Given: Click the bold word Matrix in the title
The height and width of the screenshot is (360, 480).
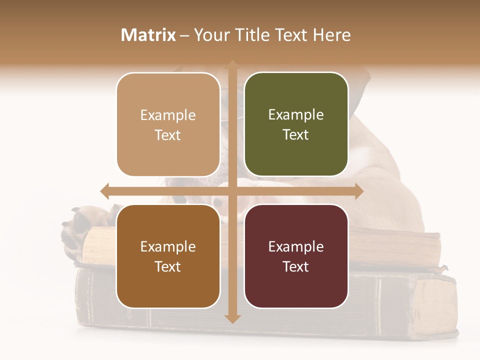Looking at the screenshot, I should point(148,35).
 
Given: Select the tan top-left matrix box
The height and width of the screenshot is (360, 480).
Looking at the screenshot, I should point(168,124).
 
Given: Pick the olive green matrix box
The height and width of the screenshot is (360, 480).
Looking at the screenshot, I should point(296,124).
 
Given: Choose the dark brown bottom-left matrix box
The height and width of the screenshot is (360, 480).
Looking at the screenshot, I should point(168,256).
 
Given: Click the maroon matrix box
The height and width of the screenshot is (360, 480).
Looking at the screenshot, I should point(296,256).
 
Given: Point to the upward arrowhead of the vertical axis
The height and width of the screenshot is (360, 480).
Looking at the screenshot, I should point(232,65).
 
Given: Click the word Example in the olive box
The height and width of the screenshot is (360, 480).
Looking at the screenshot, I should point(296,115).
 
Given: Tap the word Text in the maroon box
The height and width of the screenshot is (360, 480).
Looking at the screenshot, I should point(296,266).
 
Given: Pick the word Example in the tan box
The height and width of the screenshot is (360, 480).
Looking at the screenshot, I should point(168,115).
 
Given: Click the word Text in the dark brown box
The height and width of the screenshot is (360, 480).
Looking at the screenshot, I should point(168,266).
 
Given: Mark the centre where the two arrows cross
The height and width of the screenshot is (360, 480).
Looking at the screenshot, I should point(232,191).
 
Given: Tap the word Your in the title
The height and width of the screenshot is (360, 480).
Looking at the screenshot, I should point(210,35).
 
